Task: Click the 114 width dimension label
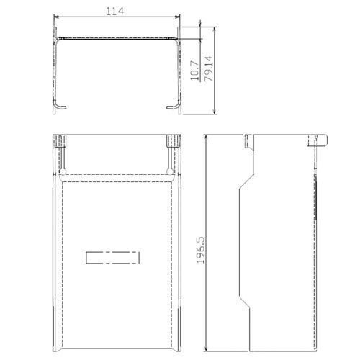[x=115, y=11]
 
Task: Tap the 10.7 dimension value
[x=195, y=71]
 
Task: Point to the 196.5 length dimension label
[x=201, y=250]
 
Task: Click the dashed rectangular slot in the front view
[x=112, y=258]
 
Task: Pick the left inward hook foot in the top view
[x=59, y=106]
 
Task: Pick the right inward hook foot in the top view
[x=173, y=106]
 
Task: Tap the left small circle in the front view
[x=63, y=171]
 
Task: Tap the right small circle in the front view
[x=170, y=171]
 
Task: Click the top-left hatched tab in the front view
[x=59, y=141]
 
